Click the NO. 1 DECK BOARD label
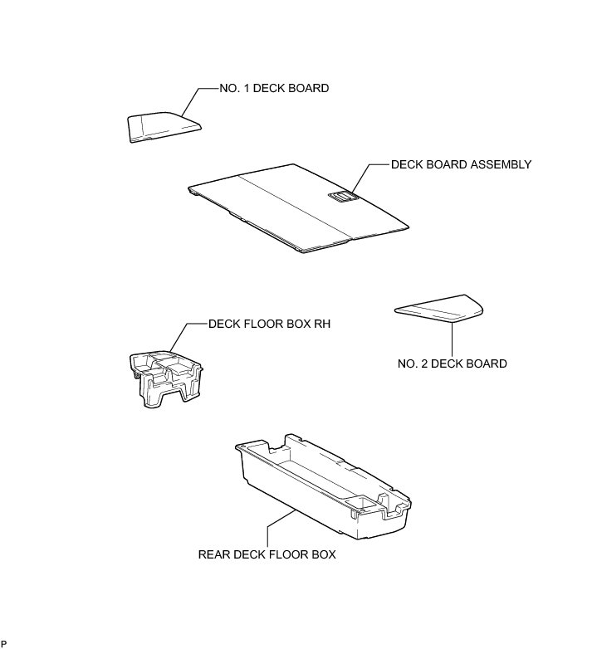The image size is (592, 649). pyautogui.click(x=274, y=88)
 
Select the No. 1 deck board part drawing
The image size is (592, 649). pyautogui.click(x=163, y=127)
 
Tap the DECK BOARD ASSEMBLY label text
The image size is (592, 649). pyautogui.click(x=461, y=164)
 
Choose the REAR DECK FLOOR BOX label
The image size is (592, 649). pyautogui.click(x=267, y=554)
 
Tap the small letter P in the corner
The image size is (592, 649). pyautogui.click(x=4, y=643)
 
